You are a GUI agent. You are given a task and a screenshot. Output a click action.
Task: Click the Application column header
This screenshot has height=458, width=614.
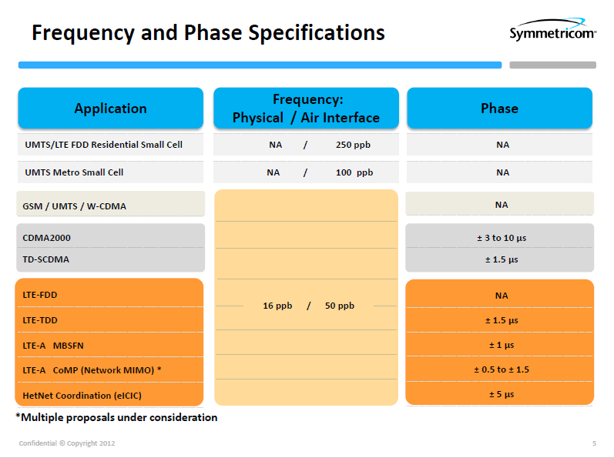[110, 109]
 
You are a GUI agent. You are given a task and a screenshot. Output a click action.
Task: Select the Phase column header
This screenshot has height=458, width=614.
[499, 109]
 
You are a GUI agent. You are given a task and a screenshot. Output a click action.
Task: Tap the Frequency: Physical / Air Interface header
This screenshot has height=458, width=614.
[306, 109]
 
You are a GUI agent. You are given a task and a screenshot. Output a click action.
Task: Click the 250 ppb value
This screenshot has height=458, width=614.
[354, 145]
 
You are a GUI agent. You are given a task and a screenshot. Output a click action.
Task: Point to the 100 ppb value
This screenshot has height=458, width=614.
[354, 172]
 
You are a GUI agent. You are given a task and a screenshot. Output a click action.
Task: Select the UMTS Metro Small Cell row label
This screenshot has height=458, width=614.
[74, 172]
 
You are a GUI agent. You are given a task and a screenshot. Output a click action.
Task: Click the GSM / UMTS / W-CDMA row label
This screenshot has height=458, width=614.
[75, 206]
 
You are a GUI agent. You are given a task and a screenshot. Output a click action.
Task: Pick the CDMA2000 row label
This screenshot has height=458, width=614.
[47, 238]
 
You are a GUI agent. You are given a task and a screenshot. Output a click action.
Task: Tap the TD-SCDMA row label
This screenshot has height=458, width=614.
[46, 259]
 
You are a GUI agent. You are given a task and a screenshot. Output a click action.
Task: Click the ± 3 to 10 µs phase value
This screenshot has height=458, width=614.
[502, 238]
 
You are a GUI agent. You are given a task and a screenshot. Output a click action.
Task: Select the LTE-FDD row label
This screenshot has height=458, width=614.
[40, 295]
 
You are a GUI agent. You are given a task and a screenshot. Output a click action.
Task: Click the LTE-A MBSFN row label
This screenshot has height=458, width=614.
[58, 345]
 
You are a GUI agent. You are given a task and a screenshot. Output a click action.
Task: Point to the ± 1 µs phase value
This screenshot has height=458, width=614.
[502, 345]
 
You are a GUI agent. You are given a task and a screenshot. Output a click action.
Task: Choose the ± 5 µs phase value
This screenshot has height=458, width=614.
[502, 394]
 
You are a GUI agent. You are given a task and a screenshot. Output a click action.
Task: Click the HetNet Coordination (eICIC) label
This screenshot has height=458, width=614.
[82, 395]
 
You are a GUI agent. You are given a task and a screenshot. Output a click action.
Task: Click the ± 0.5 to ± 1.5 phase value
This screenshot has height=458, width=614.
[502, 369]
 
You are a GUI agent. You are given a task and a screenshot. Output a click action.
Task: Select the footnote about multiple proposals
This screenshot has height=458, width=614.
[116, 418]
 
